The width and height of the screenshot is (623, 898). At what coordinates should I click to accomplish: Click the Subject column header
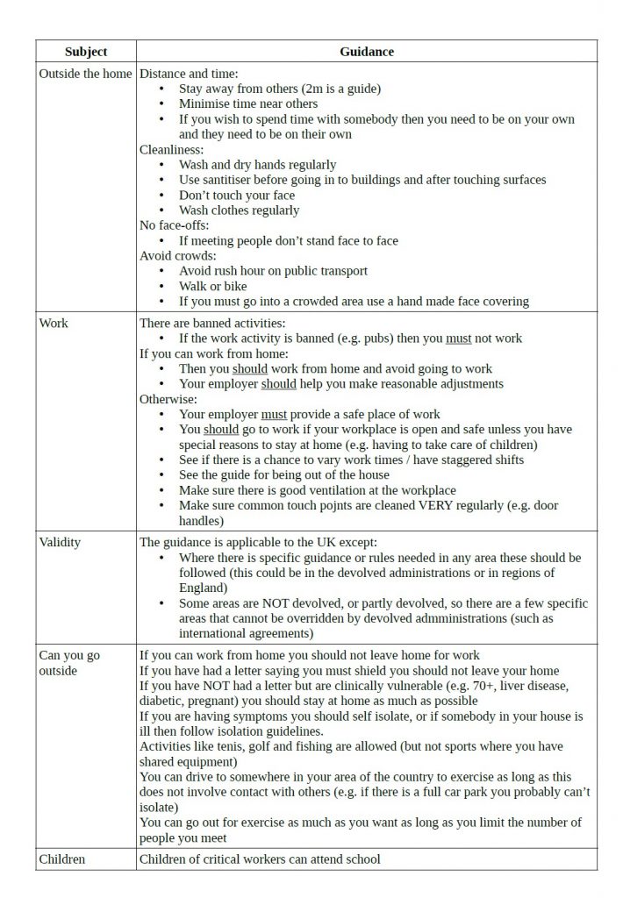[x=86, y=52]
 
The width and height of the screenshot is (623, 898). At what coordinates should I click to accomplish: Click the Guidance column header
[x=366, y=52]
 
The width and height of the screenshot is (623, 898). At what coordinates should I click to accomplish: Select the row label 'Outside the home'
[x=85, y=74]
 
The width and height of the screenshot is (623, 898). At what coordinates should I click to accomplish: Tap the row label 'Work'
[x=54, y=323]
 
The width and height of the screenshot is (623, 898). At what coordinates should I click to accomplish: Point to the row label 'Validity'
[x=60, y=542]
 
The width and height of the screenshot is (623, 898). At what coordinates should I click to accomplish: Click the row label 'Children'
[x=61, y=859]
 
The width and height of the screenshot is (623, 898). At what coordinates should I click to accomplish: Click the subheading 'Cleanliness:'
[x=172, y=149]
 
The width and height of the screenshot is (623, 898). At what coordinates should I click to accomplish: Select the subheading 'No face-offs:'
[x=175, y=225]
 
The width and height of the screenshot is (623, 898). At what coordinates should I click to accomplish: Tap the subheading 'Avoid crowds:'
[x=178, y=256]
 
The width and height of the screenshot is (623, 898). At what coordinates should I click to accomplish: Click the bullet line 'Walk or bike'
[x=212, y=286]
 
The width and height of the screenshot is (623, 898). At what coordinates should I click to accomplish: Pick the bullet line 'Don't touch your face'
[x=237, y=195]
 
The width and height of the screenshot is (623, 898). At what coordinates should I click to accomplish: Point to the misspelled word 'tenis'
[x=226, y=746]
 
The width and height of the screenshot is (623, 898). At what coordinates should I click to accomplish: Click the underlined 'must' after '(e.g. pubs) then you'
[x=458, y=338]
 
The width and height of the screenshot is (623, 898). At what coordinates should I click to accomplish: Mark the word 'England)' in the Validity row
[x=203, y=588]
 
